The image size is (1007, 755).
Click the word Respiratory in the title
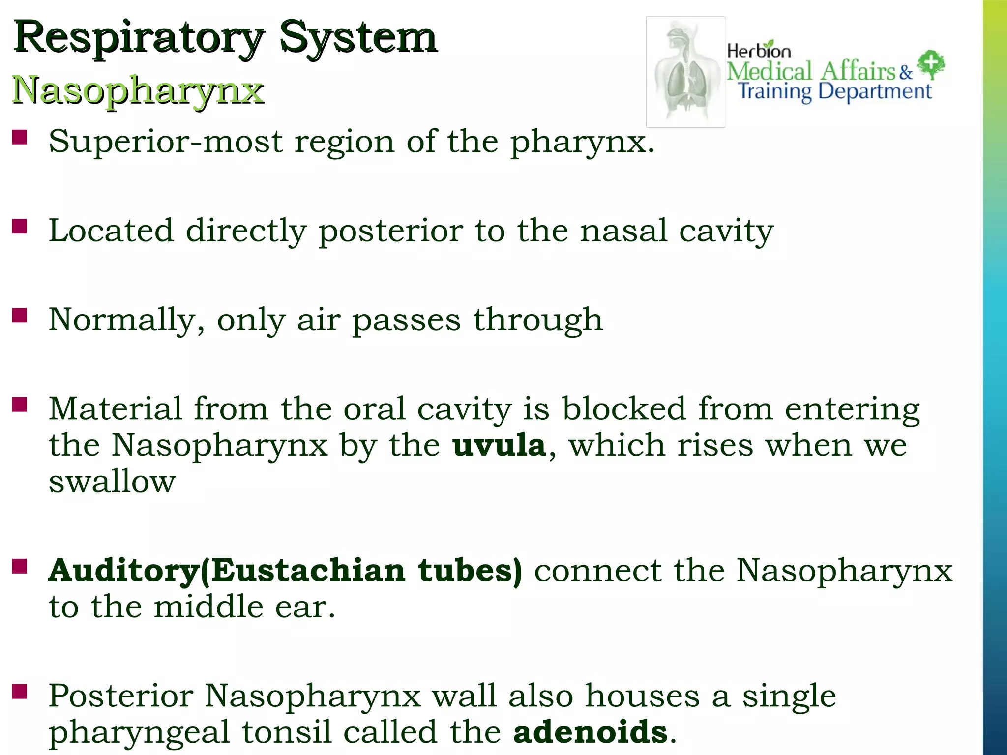tap(139, 38)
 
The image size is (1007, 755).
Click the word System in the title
tap(358, 38)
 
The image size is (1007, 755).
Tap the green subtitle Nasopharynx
tap(138, 90)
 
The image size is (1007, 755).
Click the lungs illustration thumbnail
tap(685, 72)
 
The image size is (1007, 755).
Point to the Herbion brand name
tap(759, 50)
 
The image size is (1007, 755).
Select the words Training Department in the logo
tap(835, 92)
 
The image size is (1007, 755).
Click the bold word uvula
tap(499, 446)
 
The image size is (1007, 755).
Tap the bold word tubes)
tap(470, 571)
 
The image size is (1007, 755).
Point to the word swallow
tap(112, 481)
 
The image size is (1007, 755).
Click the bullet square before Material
tap(20, 406)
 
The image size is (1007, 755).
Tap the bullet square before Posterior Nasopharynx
tap(20, 692)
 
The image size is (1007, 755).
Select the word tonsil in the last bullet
tap(286, 732)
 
